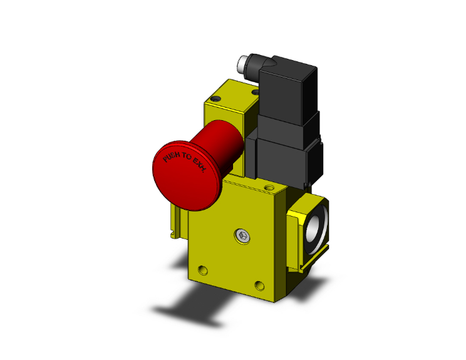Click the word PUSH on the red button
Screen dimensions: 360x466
point(170,157)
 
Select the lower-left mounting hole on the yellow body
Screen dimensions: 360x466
point(200,271)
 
